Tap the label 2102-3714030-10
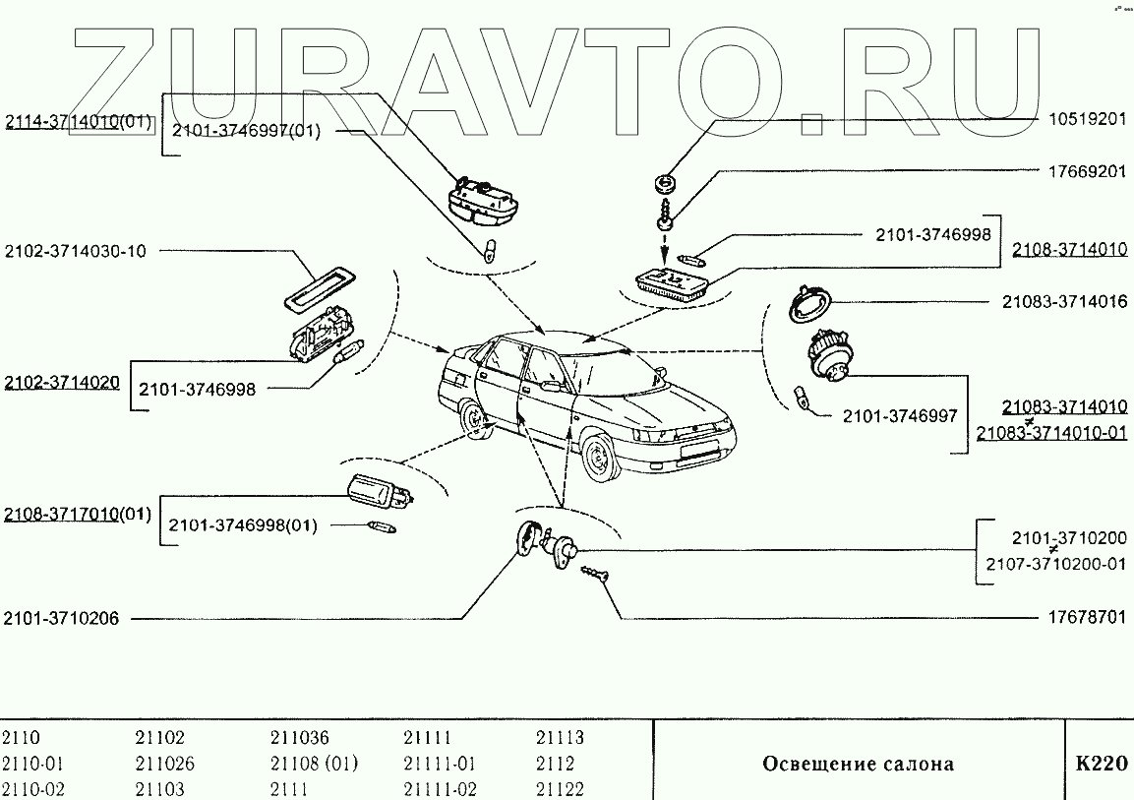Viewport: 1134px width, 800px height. point(75,251)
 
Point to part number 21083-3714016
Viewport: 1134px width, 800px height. point(1065,302)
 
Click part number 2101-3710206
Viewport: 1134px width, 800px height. point(61,619)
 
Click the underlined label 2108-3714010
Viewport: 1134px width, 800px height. point(1070,250)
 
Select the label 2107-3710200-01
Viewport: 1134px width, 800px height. point(1054,564)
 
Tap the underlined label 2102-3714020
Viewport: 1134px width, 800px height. point(62,382)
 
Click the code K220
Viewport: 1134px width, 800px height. point(1101,764)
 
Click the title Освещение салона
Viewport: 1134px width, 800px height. point(859,764)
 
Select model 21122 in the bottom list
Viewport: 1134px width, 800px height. point(560,789)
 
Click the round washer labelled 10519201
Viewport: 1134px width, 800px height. point(665,183)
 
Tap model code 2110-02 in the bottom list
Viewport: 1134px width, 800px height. point(33,789)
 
